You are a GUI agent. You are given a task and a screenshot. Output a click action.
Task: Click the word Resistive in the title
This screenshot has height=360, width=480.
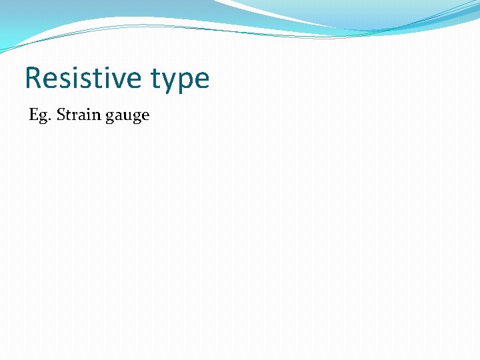[x=83, y=79]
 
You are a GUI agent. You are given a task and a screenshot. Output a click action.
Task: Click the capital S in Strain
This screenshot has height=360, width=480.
[x=61, y=115]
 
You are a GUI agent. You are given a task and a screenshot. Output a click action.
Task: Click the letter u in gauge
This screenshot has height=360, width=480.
[x=126, y=116]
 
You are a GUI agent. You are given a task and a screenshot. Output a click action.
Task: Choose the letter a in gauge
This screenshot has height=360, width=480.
[x=117, y=116]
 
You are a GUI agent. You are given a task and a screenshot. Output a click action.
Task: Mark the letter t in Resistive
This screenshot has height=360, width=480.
[x=94, y=79]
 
